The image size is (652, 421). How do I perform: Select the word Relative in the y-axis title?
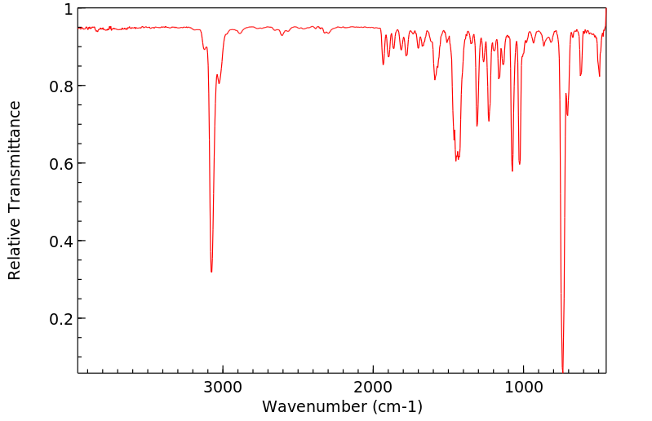(x=15, y=245)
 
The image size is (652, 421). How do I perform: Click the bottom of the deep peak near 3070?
(x=211, y=272)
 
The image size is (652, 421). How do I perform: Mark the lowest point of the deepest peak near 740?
(x=562, y=370)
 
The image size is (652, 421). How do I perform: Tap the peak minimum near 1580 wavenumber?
(x=435, y=79)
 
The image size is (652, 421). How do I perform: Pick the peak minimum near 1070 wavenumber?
(x=512, y=171)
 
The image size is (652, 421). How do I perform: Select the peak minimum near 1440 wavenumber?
(x=457, y=160)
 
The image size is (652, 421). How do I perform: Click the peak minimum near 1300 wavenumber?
(x=477, y=126)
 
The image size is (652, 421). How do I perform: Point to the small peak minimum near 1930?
(x=383, y=64)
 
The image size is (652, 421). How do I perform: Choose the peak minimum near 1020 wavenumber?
(x=519, y=164)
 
